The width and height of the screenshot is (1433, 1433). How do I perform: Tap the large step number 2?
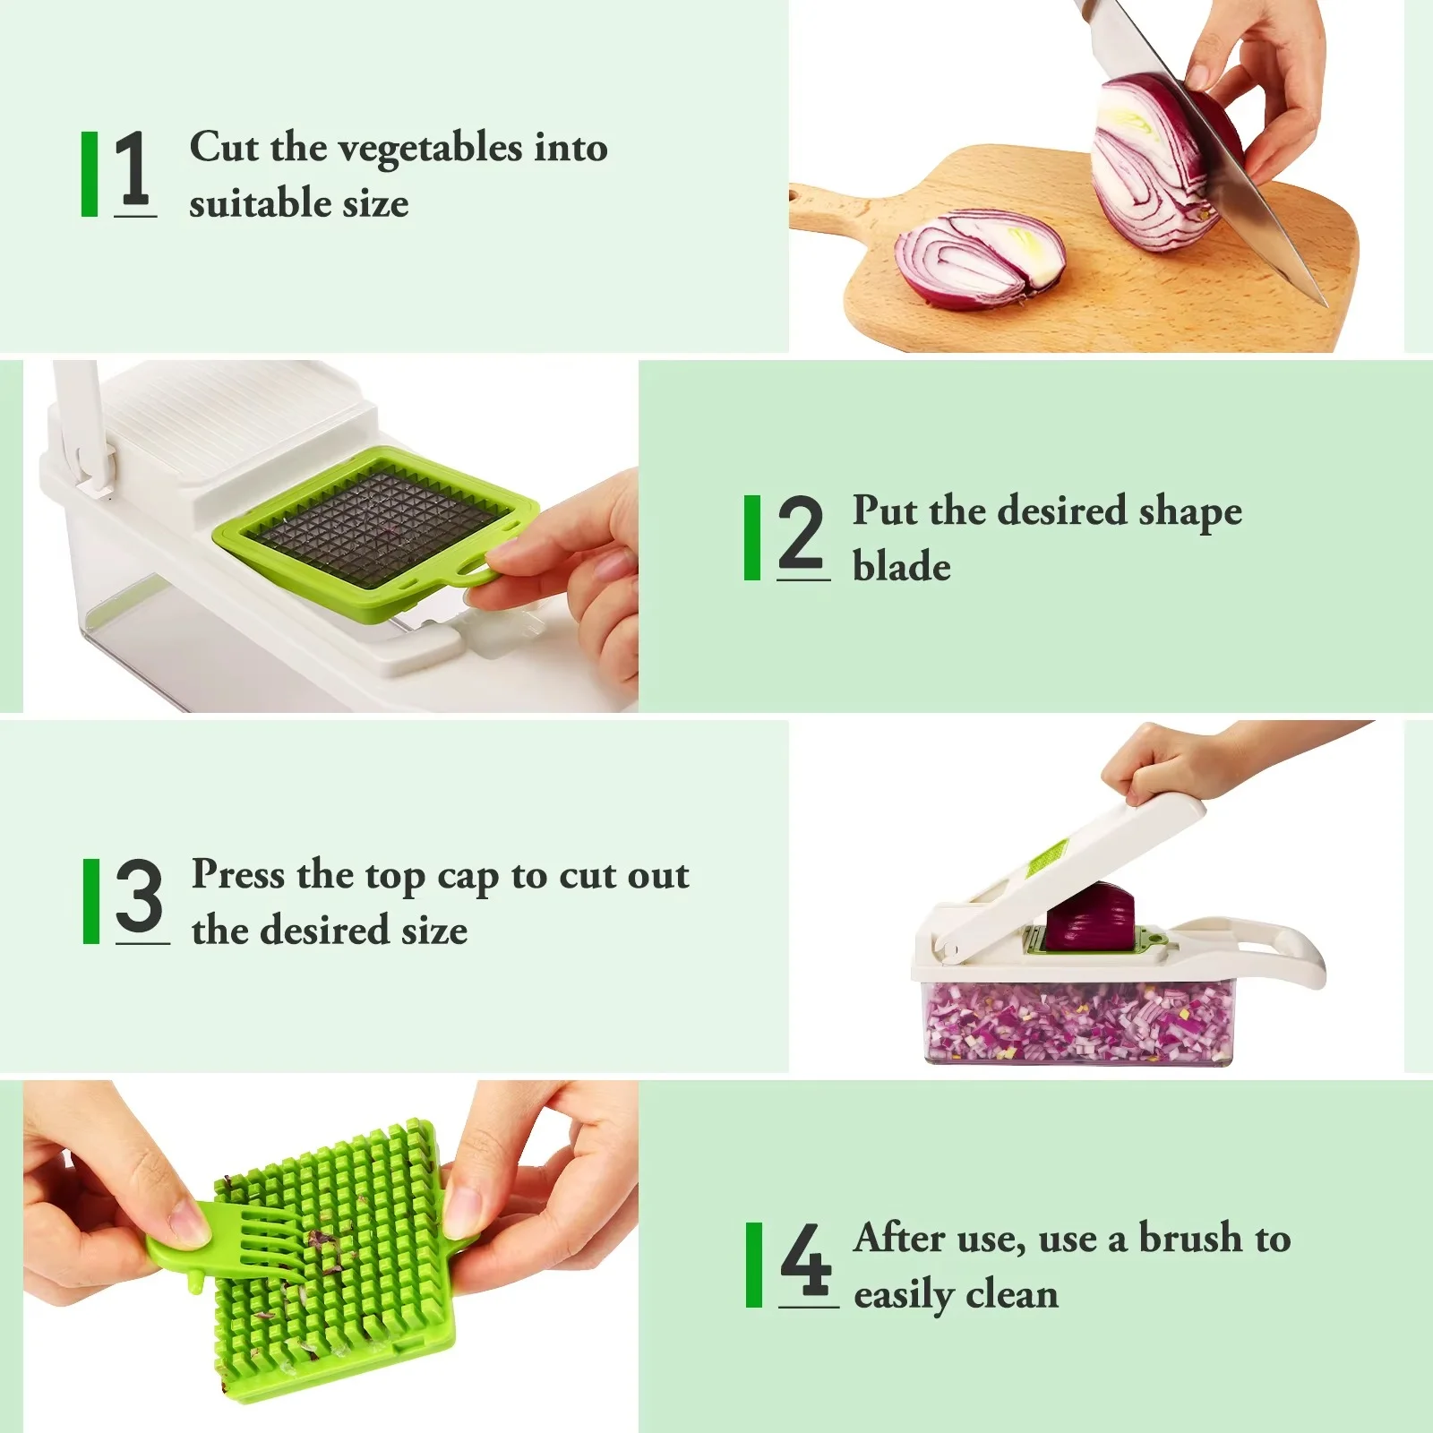800,533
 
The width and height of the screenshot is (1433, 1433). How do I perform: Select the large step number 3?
140,896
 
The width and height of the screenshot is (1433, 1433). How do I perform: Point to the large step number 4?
806,1258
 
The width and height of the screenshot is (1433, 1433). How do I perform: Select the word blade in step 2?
902,566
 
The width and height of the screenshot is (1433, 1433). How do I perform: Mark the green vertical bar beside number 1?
90,174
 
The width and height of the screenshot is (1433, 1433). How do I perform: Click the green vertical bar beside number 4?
754,1265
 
